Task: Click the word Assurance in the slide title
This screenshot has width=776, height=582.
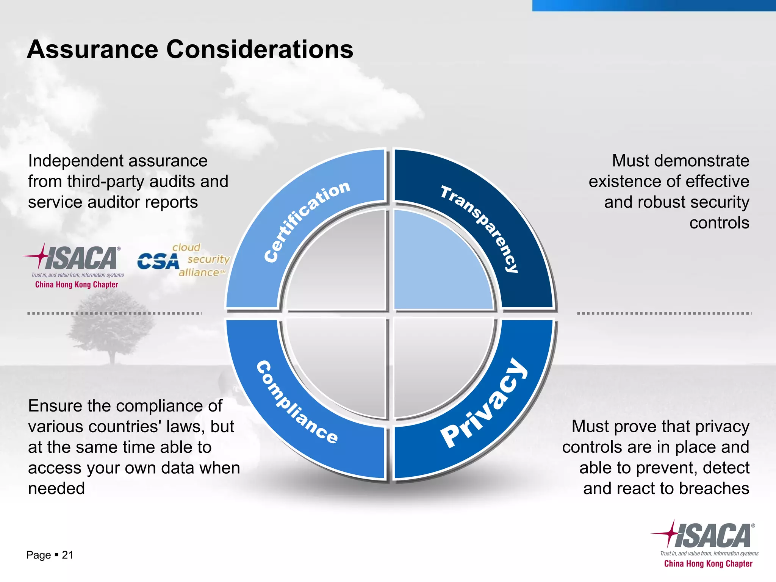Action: click(92, 50)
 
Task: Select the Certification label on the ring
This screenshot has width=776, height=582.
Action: click(307, 221)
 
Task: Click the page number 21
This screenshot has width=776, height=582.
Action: click(67, 555)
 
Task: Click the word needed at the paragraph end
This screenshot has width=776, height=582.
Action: click(56, 488)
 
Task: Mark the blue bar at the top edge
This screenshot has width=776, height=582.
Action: click(654, 5)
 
